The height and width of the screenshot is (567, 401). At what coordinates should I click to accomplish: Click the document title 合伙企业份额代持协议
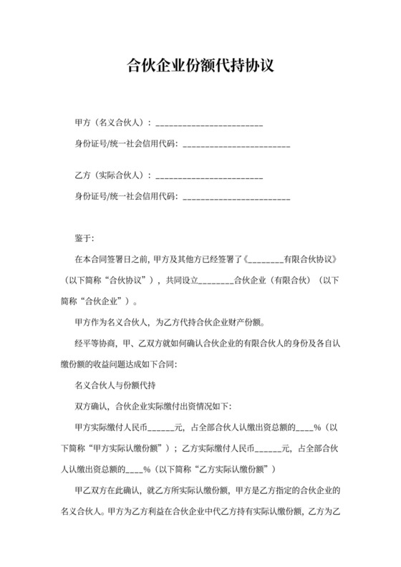[200, 67]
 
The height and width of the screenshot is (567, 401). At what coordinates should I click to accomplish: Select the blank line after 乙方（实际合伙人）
[209, 175]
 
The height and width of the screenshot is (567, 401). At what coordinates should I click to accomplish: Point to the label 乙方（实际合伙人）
[112, 175]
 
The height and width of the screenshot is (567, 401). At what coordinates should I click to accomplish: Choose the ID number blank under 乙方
[236, 195]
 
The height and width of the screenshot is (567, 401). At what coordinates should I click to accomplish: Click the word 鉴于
[84, 238]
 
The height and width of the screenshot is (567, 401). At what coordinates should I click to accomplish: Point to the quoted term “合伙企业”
[104, 301]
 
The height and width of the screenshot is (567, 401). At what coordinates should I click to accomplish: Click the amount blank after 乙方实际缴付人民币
[269, 449]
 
